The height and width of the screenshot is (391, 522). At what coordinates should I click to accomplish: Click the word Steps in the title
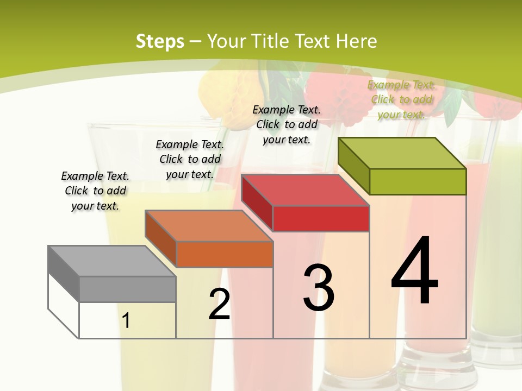[x=159, y=41]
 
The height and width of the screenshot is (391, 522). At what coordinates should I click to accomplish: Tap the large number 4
[x=414, y=272]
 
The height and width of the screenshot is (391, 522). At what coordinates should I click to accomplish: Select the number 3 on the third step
[x=319, y=288]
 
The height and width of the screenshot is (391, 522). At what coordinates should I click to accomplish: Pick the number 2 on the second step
[x=219, y=305]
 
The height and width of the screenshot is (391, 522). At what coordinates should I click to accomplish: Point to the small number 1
[x=126, y=321]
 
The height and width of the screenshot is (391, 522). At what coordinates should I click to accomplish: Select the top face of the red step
[x=305, y=190]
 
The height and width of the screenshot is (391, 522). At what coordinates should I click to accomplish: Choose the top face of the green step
[x=402, y=153]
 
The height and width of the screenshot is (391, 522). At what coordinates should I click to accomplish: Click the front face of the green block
[x=418, y=182]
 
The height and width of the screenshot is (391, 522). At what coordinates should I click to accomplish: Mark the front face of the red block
[x=321, y=219]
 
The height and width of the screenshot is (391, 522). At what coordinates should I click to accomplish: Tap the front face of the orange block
[x=225, y=255]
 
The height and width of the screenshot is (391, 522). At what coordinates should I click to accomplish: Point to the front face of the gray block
[x=127, y=289]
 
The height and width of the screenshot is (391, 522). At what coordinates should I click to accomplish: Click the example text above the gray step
[x=95, y=191]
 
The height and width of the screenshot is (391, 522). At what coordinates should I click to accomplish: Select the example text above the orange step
[x=190, y=159]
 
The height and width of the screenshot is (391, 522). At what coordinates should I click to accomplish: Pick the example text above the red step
[x=287, y=124]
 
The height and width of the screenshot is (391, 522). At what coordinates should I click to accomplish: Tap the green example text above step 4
[x=401, y=99]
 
